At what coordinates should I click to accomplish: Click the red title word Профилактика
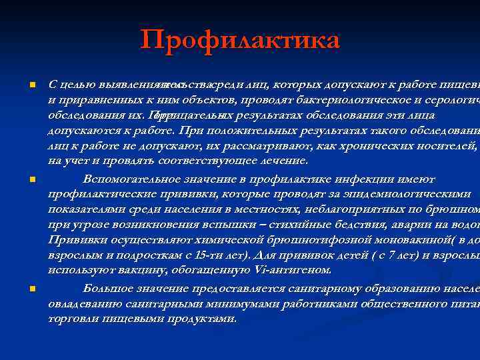point(240,40)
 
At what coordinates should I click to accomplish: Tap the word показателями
point(86,209)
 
